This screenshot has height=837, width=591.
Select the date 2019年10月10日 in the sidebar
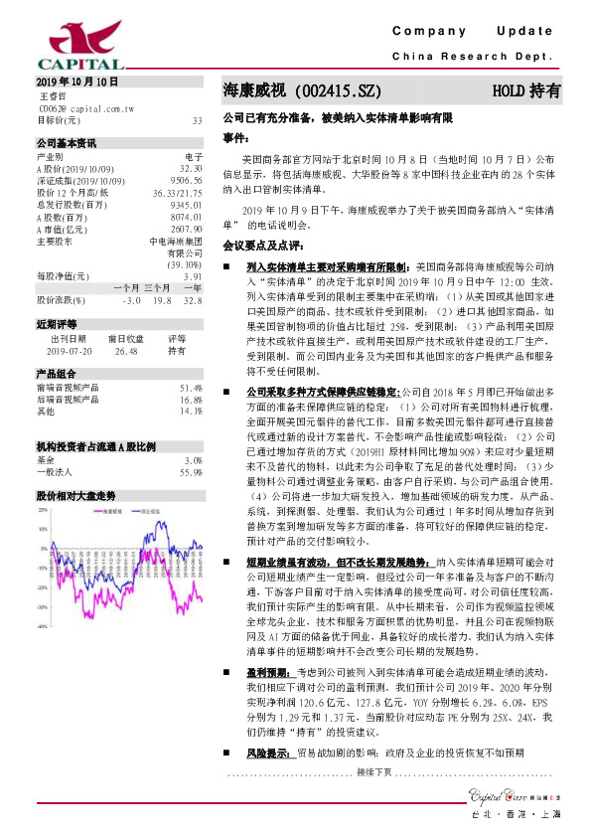click(76, 82)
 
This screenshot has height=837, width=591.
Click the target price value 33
click(197, 120)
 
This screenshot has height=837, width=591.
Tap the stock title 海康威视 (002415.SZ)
click(302, 90)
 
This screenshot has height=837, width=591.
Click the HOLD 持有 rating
click(525, 90)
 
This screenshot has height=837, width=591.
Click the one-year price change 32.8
click(193, 299)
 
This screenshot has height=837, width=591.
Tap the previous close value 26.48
click(126, 351)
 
